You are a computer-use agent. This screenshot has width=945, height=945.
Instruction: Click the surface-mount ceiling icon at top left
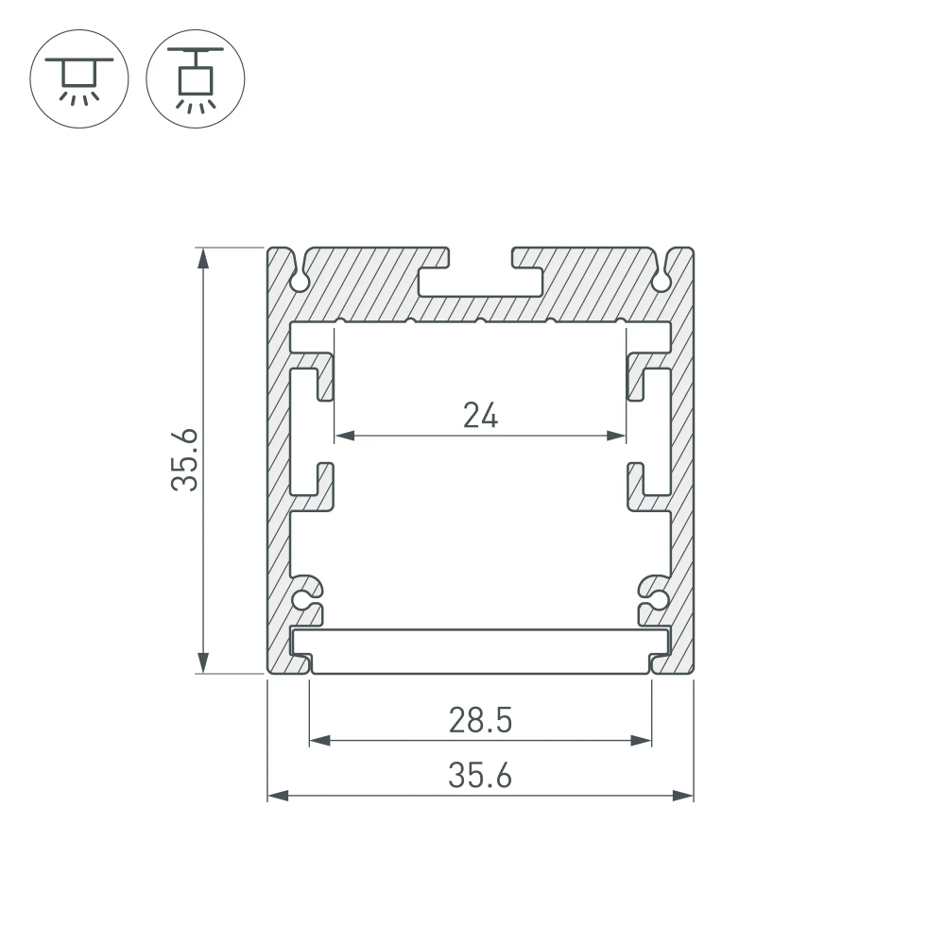pyautogui.click(x=78, y=77)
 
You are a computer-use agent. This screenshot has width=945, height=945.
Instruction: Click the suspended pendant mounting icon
pyautogui.click(x=196, y=77)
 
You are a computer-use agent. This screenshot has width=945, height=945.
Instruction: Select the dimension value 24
pyautogui.click(x=480, y=415)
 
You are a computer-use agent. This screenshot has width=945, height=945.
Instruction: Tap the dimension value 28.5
pyautogui.click(x=480, y=721)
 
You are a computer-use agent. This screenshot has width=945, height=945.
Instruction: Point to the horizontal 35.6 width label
pyautogui.click(x=480, y=776)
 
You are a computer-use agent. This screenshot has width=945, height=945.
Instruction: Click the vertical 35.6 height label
pyautogui.click(x=185, y=460)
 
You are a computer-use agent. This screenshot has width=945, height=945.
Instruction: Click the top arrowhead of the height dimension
pyautogui.click(x=201, y=257)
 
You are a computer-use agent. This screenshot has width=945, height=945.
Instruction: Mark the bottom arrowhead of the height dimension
pyautogui.click(x=201, y=664)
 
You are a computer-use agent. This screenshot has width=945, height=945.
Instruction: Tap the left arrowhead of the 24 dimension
pyautogui.click(x=345, y=436)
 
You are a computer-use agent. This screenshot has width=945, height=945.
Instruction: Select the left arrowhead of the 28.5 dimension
pyautogui.click(x=319, y=741)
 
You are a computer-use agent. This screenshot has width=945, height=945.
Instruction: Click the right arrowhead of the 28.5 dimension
pyautogui.click(x=643, y=741)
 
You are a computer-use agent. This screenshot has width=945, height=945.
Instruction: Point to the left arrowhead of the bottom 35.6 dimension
pyautogui.click(x=278, y=797)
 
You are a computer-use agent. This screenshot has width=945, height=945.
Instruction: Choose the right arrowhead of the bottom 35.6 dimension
pyautogui.click(x=684, y=797)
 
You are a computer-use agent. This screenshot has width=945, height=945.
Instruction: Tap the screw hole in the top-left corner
pyautogui.click(x=300, y=281)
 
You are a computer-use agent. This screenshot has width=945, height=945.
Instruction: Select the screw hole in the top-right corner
pyautogui.click(x=661, y=281)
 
